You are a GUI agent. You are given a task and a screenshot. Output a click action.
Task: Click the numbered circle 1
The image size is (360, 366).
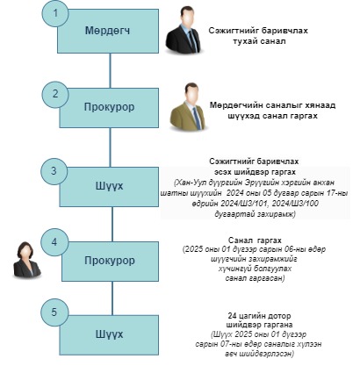(x=55, y=14)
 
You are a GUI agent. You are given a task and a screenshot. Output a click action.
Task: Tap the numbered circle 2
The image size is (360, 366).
(x=55, y=95)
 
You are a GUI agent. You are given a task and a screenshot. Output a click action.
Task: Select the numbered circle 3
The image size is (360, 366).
(x=54, y=171)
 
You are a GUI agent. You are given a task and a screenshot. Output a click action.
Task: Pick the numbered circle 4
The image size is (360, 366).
(x=54, y=242)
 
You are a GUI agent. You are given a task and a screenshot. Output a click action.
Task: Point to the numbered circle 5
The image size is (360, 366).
(x=54, y=312)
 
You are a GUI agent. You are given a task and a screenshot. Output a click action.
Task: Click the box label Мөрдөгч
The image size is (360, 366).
(x=107, y=31)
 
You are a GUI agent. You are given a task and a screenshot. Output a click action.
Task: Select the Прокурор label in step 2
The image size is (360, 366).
(x=110, y=107)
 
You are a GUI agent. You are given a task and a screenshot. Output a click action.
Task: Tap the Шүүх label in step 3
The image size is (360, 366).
(x=109, y=186)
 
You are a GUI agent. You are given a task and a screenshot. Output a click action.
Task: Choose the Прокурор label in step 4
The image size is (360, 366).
(x=110, y=261)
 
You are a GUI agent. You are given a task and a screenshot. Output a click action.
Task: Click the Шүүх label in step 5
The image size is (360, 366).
(x=109, y=334)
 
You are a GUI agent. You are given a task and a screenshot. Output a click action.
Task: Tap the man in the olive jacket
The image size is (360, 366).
(x=189, y=106)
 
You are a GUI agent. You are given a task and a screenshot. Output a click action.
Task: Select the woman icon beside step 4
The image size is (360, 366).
(x=27, y=259)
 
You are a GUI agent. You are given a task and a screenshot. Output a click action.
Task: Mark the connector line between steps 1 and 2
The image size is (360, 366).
(x=110, y=71)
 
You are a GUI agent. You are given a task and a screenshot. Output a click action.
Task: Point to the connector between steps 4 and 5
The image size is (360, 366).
(x=112, y=298)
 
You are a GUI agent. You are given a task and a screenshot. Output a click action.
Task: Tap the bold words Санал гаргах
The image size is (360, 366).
(x=255, y=240)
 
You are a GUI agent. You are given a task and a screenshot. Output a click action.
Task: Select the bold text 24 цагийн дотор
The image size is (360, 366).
(x=259, y=316)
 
